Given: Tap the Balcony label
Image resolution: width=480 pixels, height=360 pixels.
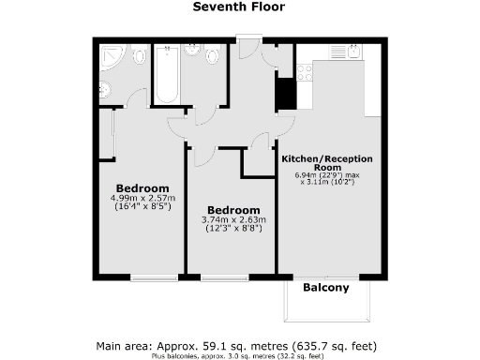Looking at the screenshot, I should coord(325,288).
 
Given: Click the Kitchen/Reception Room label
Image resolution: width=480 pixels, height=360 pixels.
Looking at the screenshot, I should coord(324,163).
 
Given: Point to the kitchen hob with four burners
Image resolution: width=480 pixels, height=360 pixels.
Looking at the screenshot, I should coord(304,71).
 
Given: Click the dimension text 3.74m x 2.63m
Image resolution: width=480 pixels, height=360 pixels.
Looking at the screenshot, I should coord(233,220).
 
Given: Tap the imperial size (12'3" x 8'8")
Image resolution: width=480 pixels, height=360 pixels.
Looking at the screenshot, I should coord(233,231).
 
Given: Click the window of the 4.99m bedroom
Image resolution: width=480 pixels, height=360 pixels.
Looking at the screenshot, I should coord(154,277).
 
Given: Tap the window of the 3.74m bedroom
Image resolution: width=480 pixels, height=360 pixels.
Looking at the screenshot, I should coord(224,277).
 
